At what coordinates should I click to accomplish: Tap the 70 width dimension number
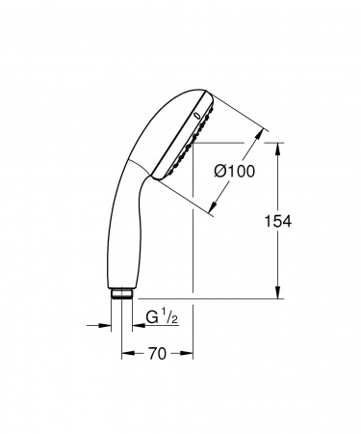coord(158,354)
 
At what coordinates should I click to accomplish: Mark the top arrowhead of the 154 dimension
coord(278,148)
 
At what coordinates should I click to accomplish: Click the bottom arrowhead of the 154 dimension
coord(278,295)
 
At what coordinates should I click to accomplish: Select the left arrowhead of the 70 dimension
coord(125,355)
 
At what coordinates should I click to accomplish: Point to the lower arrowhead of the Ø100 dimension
coord(213,206)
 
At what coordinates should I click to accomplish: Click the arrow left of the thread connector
coord(106,325)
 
